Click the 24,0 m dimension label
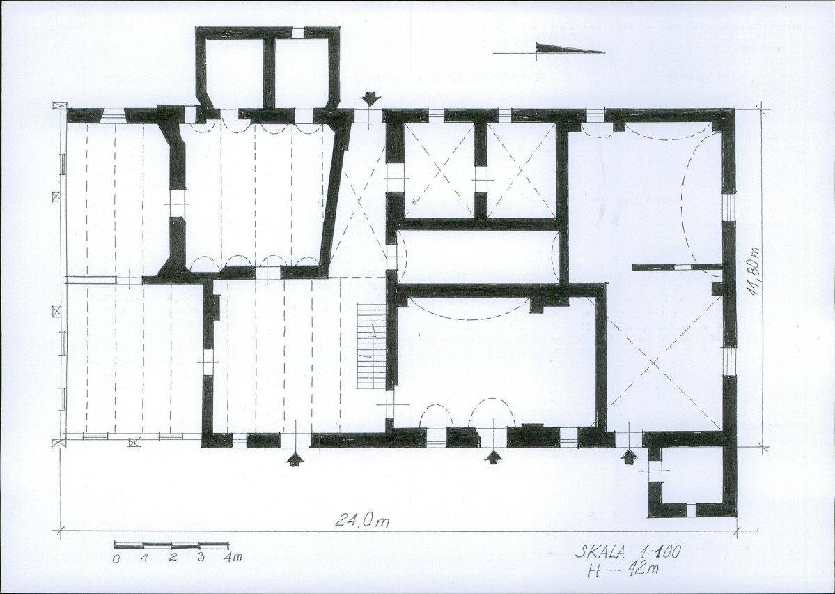(361, 519)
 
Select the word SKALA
(600, 552)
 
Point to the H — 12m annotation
(623, 570)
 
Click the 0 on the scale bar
(116, 559)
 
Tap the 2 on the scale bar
(173, 558)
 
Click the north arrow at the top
(549, 50)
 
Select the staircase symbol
(370, 346)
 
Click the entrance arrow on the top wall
(370, 100)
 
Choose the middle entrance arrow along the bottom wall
(494, 457)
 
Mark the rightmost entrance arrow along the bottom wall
(630, 457)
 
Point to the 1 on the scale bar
(144, 558)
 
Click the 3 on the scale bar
(201, 558)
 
